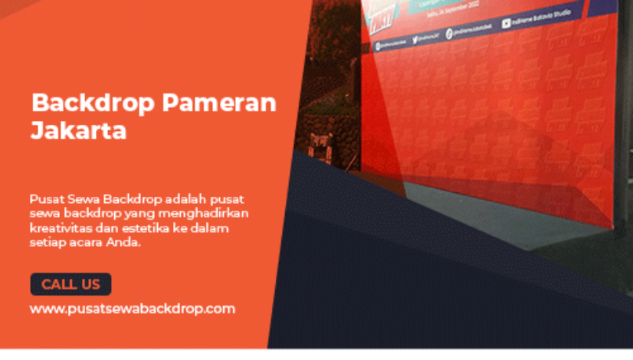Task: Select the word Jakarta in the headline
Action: point(78,130)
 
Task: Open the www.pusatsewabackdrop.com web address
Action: point(132,309)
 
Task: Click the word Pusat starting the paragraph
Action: point(46,198)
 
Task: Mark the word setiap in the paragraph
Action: point(46,242)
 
